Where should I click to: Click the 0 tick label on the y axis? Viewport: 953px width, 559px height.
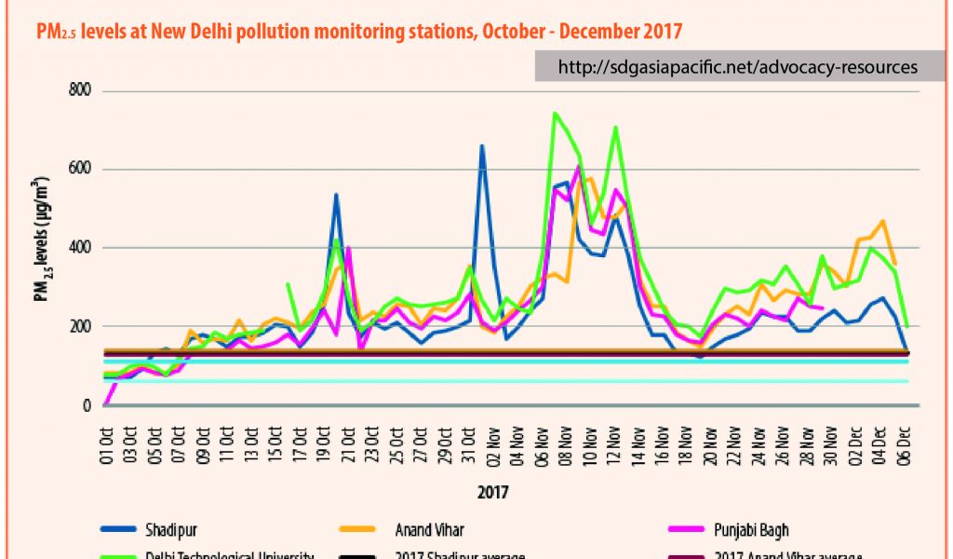(87, 405)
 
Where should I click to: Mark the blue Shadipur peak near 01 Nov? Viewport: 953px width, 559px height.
(481, 146)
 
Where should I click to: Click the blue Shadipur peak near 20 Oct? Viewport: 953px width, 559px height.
(335, 195)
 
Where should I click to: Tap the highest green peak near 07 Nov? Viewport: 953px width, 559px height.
(555, 114)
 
